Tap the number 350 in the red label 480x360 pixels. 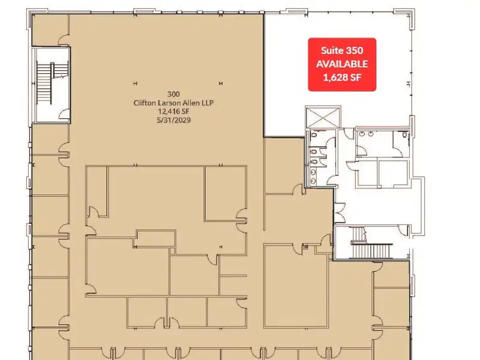[353, 50]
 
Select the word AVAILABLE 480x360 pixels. [342, 64]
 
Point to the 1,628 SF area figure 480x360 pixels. [342, 77]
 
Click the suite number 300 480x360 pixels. [173, 94]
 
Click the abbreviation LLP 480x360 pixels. [208, 103]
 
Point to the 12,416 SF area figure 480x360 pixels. [173, 112]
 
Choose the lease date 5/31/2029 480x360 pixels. [173, 120]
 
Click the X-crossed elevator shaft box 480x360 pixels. [323, 117]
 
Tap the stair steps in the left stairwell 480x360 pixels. [44, 83]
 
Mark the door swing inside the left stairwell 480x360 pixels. [64, 113]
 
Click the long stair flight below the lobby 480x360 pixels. [373, 251]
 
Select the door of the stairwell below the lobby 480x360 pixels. [404, 230]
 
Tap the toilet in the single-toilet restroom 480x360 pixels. [404, 134]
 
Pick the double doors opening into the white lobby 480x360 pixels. [340, 212]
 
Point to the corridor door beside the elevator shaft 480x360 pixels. [349, 133]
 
